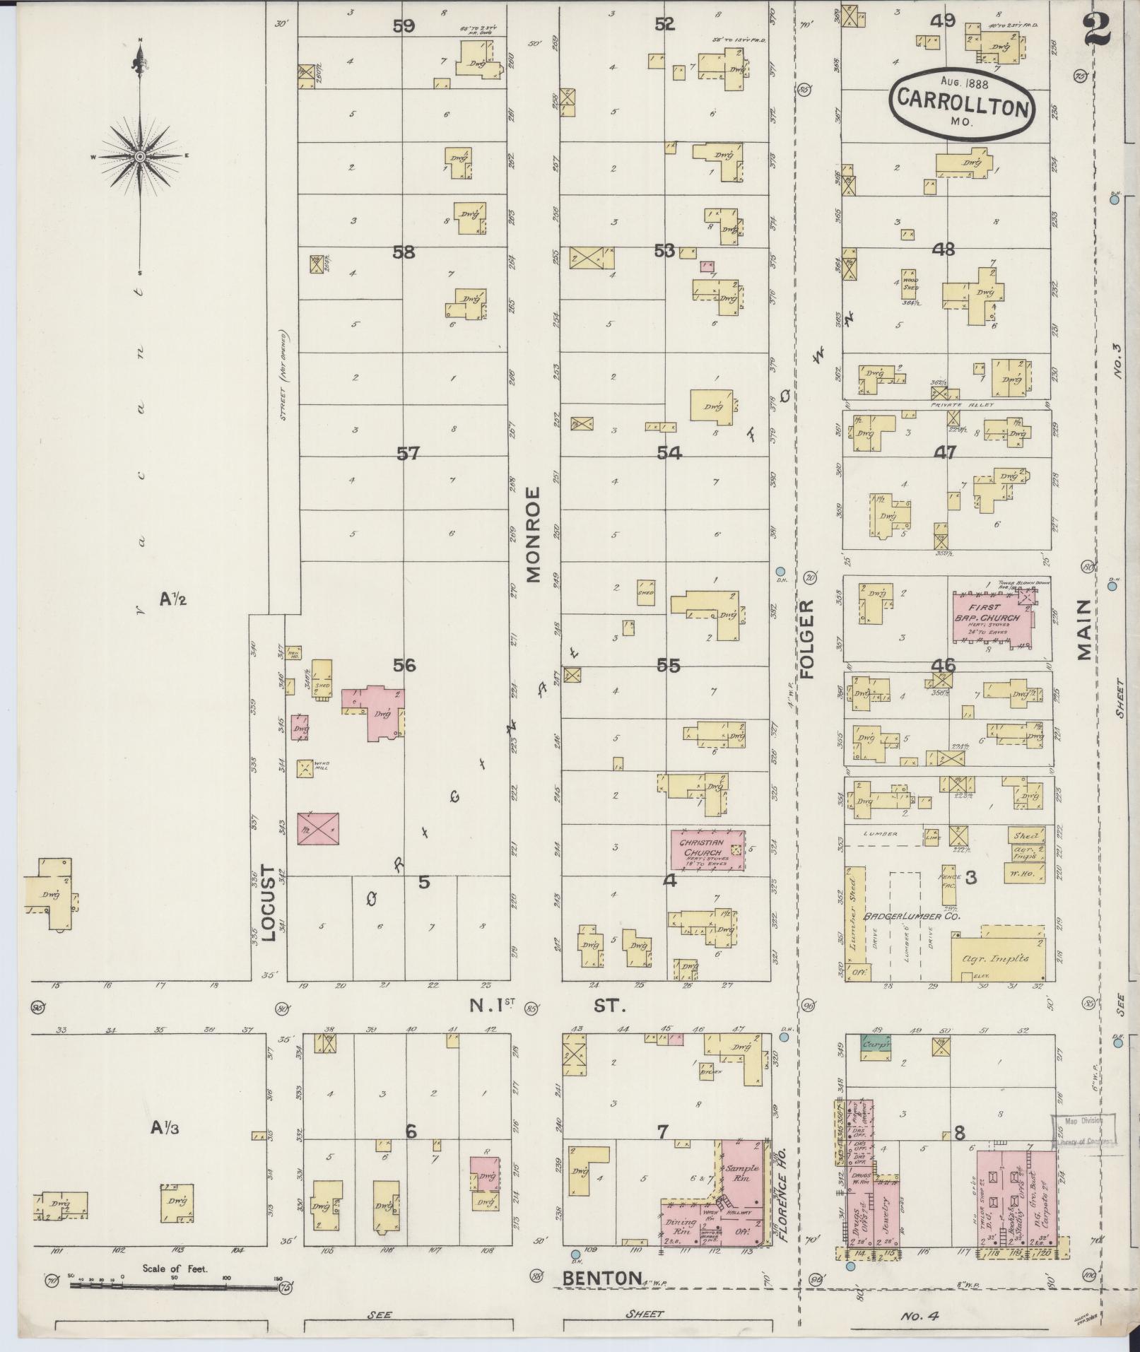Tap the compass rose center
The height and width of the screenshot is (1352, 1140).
[140, 156]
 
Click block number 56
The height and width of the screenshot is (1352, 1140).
[405, 665]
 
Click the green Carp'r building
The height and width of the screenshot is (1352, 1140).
[875, 1041]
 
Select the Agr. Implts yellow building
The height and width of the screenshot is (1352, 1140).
[997, 953]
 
